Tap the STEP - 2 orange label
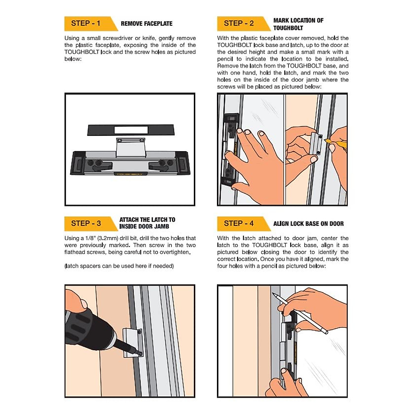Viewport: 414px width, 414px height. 239,23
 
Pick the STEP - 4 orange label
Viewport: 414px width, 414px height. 239,224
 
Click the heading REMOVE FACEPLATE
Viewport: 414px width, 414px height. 147,24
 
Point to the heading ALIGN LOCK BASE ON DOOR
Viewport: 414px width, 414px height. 308,224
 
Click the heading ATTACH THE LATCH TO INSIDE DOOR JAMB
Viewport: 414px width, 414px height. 147,223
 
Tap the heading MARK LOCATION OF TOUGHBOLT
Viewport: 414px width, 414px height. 298,24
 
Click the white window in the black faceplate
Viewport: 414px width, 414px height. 131,130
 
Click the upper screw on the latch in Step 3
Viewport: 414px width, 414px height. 139,332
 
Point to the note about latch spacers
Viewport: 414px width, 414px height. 119,266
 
